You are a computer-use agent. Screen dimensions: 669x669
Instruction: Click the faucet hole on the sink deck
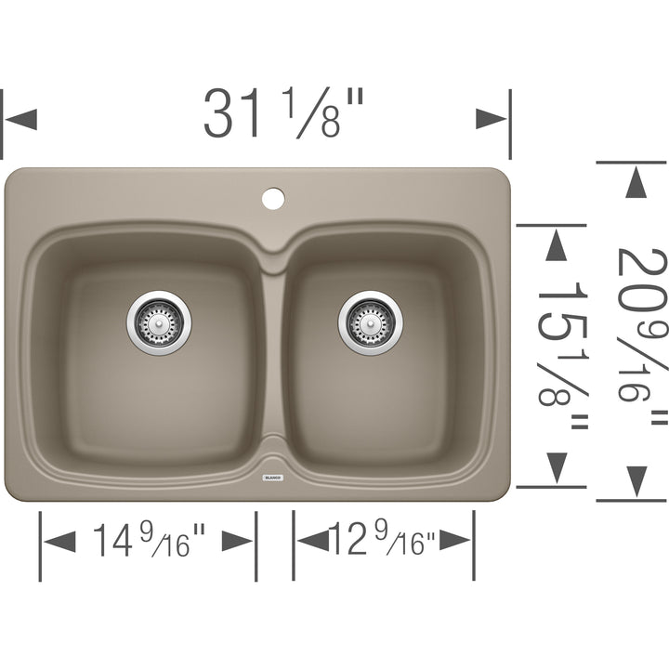click(x=272, y=197)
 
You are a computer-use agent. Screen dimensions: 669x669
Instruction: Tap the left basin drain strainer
click(x=159, y=321)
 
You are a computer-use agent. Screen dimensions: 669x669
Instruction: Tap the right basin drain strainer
click(x=370, y=323)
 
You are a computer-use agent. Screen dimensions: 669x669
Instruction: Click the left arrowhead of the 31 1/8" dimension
click(x=20, y=119)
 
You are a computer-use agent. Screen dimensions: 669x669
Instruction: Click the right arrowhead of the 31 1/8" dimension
click(x=492, y=119)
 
